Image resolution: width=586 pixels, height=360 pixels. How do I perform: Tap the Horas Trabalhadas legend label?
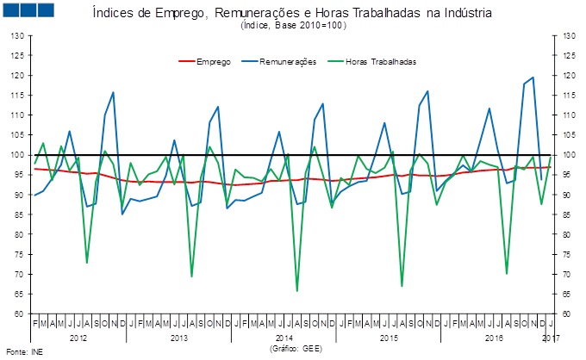(381, 62)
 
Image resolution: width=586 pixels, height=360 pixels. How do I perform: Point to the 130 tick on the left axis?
(16, 36)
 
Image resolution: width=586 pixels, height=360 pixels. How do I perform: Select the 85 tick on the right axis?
(568, 214)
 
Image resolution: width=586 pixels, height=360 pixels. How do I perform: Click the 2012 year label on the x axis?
(78, 338)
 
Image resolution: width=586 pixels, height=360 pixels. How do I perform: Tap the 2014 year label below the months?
(284, 338)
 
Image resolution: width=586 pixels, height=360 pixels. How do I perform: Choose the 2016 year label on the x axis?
(494, 338)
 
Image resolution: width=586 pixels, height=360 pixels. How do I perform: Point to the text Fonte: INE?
(25, 351)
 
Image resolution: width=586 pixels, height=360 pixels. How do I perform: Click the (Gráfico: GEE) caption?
(295, 348)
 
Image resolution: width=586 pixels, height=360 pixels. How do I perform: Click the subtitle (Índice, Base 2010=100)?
(294, 27)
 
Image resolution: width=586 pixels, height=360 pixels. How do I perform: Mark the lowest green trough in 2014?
(297, 290)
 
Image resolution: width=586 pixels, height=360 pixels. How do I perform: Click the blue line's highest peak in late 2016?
(533, 78)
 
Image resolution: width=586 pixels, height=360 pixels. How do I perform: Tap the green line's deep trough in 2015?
(402, 285)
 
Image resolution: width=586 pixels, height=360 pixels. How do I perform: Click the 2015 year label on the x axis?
(390, 338)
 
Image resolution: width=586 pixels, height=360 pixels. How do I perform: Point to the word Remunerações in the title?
(280, 15)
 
